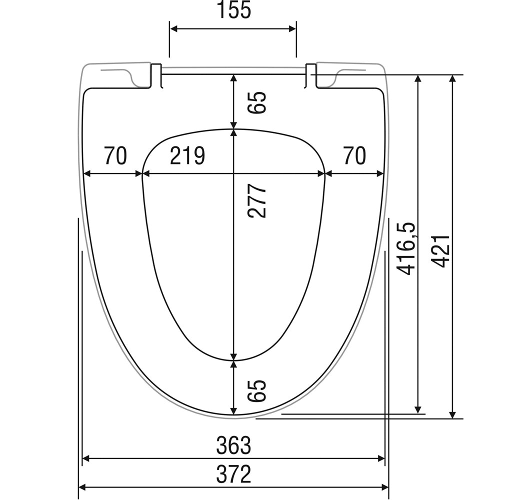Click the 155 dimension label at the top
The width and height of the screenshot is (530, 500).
click(234, 10)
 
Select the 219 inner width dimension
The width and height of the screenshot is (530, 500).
click(187, 156)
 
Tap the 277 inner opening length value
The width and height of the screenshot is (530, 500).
click(257, 201)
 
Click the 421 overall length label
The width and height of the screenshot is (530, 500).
click(441, 251)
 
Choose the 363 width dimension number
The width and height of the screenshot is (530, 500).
click(234, 445)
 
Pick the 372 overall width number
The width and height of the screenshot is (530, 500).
click(234, 474)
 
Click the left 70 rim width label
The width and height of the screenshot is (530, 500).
click(115, 156)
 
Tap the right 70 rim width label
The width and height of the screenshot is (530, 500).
click(354, 156)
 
